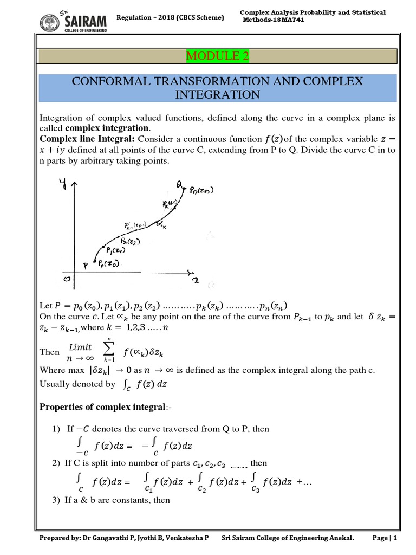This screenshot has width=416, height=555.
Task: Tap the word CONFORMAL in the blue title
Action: (112, 82)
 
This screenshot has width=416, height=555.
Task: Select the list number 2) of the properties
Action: (56, 463)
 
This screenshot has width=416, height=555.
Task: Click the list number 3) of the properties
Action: (56, 500)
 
